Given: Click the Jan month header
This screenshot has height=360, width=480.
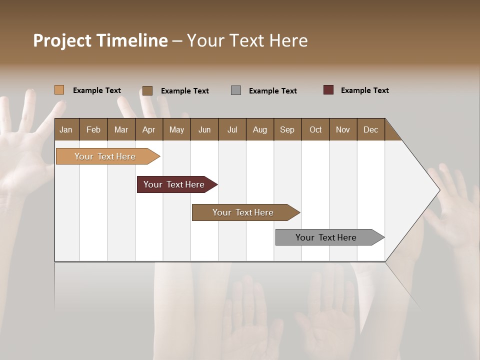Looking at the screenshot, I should [x=66, y=129].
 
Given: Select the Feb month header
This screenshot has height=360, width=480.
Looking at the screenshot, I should [x=93, y=129].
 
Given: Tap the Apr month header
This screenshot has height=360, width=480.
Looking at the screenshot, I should [x=148, y=129].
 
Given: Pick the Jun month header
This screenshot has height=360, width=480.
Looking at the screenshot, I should [x=204, y=129].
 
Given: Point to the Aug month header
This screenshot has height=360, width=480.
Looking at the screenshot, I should [x=259, y=129].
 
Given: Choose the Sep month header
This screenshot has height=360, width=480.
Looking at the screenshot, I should [x=287, y=129].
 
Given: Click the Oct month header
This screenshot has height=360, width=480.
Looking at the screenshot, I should [x=315, y=129].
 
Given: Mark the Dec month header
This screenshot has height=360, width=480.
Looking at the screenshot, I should [x=370, y=129].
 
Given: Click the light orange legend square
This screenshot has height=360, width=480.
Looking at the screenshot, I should [x=59, y=90].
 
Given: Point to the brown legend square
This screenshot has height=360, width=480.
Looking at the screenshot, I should [x=147, y=90].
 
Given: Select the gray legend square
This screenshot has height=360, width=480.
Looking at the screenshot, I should [x=236, y=90].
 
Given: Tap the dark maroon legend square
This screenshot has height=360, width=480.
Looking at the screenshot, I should [x=328, y=90].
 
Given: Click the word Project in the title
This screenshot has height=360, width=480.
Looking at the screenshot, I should [x=61, y=41].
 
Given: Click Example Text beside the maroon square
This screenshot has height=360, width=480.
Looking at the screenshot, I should [x=364, y=90].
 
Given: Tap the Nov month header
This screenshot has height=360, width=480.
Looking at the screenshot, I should [x=343, y=129].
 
